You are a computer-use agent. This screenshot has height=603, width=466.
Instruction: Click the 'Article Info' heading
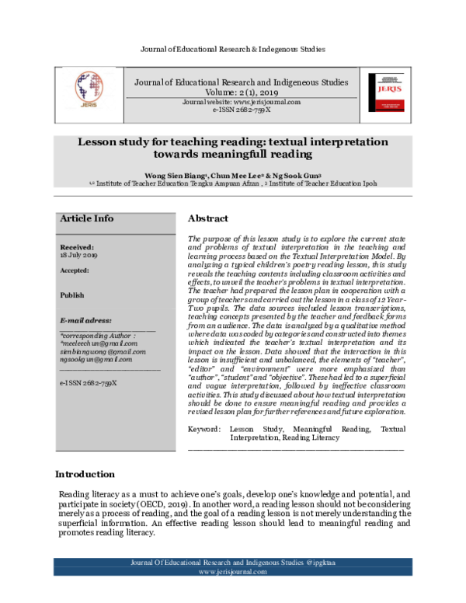[x=86, y=219]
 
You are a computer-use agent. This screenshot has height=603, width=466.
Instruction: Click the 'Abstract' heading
[x=208, y=219]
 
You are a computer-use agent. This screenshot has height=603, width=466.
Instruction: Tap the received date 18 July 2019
[x=78, y=254]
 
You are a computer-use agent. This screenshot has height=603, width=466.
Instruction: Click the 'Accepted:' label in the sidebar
[x=75, y=270]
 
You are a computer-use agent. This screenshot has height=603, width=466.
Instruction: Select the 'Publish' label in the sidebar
[x=72, y=295]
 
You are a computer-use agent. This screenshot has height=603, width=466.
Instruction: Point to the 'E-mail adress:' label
[x=85, y=320]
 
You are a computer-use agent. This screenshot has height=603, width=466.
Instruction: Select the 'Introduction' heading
[x=85, y=474]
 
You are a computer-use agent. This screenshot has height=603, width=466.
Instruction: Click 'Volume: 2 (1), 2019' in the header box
[x=241, y=92]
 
